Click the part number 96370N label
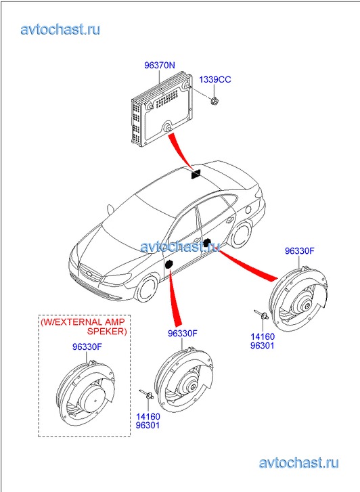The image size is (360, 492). point(160,65)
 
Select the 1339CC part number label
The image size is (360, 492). point(215,79)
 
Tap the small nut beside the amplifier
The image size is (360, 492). point(215,101)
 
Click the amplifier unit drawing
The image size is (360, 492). point(161,109)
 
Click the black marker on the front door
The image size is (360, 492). point(169,264)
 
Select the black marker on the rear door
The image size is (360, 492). point(207,242)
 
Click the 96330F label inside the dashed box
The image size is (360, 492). point(87,346)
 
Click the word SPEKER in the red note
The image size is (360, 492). point(107,332)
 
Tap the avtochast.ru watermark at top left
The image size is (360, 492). point(60,30)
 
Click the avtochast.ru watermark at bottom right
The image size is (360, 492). point(298,463)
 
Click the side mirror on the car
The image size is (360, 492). point(110,210)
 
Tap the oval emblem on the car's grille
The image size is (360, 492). point(89,274)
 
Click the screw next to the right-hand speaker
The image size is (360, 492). point(261,314)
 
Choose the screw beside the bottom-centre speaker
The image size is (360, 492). point(146,394)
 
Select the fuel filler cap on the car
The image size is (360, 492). point(248,209)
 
